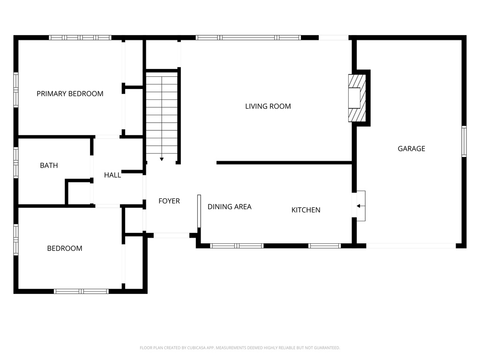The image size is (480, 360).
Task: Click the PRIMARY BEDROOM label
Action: [70, 94]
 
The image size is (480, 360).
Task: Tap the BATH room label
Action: [49, 165]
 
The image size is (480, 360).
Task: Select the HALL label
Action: [112, 175]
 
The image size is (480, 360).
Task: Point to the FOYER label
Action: [169, 201]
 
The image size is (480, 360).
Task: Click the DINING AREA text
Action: [229, 207]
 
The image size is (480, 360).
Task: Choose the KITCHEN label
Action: [306, 210]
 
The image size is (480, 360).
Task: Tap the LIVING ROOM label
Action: [268, 106]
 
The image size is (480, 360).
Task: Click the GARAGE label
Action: [411, 149]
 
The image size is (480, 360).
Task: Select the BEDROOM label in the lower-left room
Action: [64, 248]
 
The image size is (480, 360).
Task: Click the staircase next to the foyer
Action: [162, 112]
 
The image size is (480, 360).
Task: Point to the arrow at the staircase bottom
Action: [162, 159]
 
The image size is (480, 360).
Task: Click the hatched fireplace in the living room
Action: [356, 98]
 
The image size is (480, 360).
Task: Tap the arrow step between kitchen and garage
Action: [360, 205]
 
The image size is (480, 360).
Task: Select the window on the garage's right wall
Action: [464, 141]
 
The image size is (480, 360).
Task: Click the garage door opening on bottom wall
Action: [411, 245]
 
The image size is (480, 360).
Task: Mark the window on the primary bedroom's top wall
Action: [80, 37]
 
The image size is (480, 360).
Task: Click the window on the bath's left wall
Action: [16, 163]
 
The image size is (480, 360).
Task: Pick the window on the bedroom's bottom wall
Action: [81, 291]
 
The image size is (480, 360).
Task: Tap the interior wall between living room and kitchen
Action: [284, 163]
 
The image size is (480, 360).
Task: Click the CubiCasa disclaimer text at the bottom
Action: [240, 348]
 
